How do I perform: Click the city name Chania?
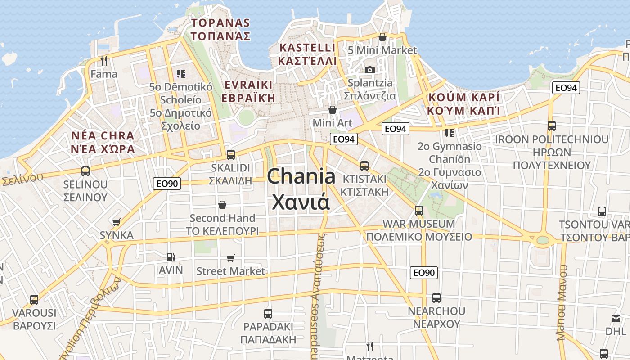pos(301,177)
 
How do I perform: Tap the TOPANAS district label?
pos(220,23)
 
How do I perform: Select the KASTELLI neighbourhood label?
pos(307,48)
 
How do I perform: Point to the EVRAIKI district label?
pos(248,85)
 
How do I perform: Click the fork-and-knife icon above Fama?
pos(104,60)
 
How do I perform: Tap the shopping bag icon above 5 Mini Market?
pos(382,37)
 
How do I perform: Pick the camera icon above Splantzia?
pos(370,70)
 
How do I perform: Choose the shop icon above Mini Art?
pos(333,110)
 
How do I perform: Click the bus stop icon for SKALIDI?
pos(231,154)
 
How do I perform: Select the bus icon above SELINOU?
pos(85,171)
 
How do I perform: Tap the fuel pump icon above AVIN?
pos(171,257)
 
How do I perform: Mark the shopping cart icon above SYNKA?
pos(117,222)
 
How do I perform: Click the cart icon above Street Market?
pos(231,258)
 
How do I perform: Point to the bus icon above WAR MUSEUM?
pos(419,210)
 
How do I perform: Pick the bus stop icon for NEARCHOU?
pos(436,297)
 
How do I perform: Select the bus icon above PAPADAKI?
pos(268,313)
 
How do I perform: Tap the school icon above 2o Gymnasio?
pos(449,133)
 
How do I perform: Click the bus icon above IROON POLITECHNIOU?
pos(552,126)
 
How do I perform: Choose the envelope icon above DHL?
pos(616,319)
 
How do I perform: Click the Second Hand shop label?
pos(222,218)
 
